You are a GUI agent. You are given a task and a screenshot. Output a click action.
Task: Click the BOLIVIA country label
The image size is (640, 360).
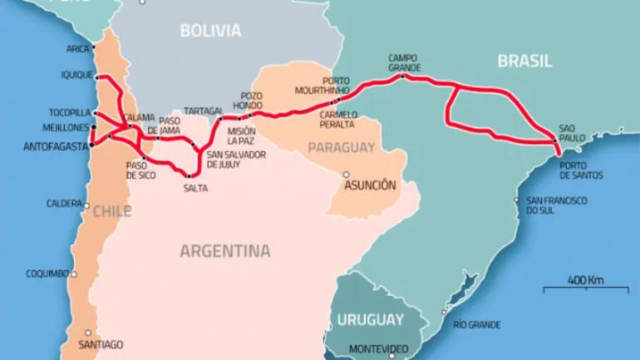coord(210,32)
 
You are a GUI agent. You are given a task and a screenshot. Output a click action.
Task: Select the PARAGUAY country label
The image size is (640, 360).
coord(342,148)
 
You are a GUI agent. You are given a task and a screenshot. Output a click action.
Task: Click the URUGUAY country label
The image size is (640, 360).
coord(370,319)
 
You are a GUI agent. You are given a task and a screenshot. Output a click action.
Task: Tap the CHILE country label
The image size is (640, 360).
coord(111,211)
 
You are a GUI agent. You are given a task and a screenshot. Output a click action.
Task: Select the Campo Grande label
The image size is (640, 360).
coord(405,62)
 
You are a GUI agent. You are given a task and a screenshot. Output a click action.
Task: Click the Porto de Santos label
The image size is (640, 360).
coord(581,170)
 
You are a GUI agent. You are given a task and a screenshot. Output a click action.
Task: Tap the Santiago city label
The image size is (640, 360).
coord(100,344)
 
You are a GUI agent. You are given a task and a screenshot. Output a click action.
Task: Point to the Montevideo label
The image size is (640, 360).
coord(377,348)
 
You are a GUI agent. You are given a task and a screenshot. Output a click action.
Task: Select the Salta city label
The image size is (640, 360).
coord(195,188)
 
